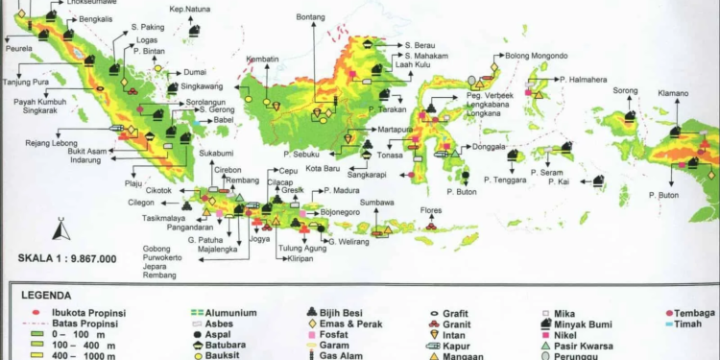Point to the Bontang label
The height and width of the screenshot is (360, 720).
[x=312, y=17]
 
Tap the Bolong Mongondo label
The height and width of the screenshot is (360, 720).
[x=536, y=56]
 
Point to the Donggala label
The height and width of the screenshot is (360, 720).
[x=489, y=147]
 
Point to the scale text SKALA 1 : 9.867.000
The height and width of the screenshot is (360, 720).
[x=67, y=258]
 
